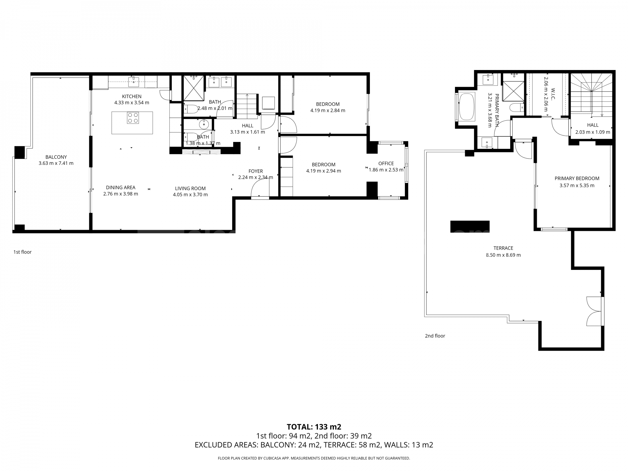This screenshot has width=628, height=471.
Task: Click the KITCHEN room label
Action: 131,96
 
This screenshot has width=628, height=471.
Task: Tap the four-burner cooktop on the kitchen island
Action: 133,118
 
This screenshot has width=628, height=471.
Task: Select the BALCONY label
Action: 56,157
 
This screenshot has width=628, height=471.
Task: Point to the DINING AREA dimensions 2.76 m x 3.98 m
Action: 120,194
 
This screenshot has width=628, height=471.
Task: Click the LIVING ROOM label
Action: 190,188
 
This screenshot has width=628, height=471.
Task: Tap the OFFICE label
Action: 386,164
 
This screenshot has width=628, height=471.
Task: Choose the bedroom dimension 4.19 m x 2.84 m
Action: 327,111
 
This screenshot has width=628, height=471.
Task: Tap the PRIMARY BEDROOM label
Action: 577,179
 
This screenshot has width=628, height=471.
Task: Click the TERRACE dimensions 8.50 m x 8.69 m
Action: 503,255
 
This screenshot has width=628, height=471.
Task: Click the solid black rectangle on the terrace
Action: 470,226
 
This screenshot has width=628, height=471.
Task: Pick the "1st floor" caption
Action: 23,252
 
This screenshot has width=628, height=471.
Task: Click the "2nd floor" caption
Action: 435,336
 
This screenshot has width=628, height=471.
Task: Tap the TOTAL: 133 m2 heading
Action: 314,427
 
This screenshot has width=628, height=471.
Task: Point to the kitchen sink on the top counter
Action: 133,81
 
